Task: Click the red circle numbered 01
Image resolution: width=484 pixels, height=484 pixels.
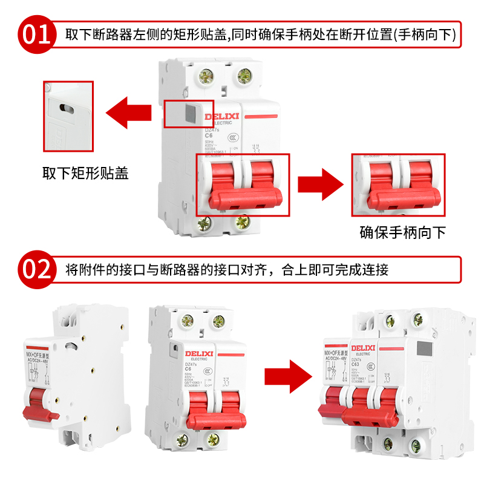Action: pyautogui.click(x=36, y=34)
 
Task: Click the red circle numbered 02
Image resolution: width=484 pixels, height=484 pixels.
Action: pyautogui.click(x=36, y=269)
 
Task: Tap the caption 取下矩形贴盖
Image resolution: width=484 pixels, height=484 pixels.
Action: pyautogui.click(x=85, y=174)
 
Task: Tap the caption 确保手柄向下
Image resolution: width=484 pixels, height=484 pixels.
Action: pyautogui.click(x=402, y=232)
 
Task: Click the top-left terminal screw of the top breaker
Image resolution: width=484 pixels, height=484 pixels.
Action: pyautogui.click(x=207, y=76)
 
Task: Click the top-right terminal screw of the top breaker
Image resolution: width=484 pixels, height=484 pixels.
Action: pyautogui.click(x=244, y=76)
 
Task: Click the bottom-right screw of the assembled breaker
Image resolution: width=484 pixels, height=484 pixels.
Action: pyautogui.click(x=416, y=446)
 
